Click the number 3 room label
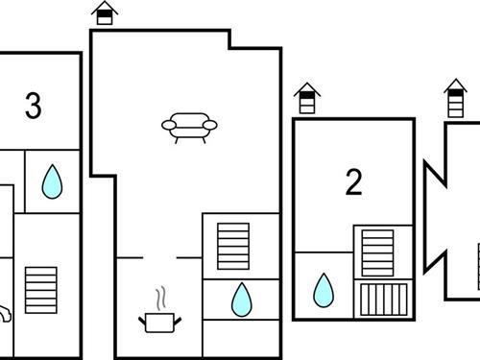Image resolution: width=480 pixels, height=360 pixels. point(34,106)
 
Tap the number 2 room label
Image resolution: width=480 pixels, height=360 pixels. point(354,181)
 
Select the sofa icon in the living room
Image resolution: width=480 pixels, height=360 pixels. point(189,128)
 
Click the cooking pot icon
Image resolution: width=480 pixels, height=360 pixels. point(159,323)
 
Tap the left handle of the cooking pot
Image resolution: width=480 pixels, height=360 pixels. point(142,321)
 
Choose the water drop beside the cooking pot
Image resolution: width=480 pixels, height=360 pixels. point(242,300)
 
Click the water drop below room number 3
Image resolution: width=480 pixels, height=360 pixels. point(52,181)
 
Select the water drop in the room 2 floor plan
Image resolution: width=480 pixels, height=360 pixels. point(324,290)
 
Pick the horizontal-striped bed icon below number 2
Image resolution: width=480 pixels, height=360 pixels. point(377,252)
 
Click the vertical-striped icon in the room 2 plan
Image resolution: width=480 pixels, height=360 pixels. point(384,300)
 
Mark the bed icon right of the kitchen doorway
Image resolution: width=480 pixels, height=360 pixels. point(233,246)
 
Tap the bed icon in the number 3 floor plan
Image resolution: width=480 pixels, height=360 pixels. point(41,290)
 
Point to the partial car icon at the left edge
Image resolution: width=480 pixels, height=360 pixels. point(5,314)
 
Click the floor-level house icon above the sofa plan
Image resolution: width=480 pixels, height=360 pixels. point(105,12)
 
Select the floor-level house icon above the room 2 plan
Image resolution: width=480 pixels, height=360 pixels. point(307,98)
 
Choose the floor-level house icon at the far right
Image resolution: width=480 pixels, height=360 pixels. point(455,98)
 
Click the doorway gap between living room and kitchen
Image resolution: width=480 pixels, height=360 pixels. point(159,257)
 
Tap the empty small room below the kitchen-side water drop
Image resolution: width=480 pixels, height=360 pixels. point(241,338)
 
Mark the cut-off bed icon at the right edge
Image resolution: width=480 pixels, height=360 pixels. point(479,266)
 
